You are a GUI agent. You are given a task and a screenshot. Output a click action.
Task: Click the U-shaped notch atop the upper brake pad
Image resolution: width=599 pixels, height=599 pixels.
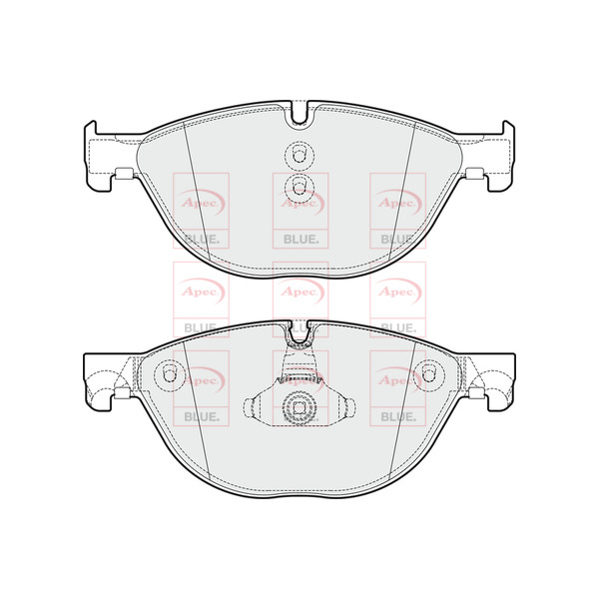pos(299,114)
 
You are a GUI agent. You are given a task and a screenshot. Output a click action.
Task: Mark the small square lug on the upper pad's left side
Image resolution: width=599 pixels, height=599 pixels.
pos(125,177)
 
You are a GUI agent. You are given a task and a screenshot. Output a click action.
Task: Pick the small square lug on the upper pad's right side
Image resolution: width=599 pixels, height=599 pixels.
pos(473,177)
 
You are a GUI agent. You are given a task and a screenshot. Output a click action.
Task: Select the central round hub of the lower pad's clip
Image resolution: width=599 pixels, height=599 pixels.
pos(299,407)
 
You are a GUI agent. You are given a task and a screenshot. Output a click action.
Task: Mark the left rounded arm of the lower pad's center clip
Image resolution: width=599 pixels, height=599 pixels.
pos(256,408)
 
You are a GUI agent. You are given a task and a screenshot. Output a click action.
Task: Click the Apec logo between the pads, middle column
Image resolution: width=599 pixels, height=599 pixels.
pos(299,291)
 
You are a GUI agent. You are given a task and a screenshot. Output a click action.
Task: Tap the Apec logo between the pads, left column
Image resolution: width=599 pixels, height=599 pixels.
pos(202,291)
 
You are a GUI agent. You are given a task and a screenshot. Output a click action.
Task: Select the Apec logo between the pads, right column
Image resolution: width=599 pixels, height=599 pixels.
pos(396,291)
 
